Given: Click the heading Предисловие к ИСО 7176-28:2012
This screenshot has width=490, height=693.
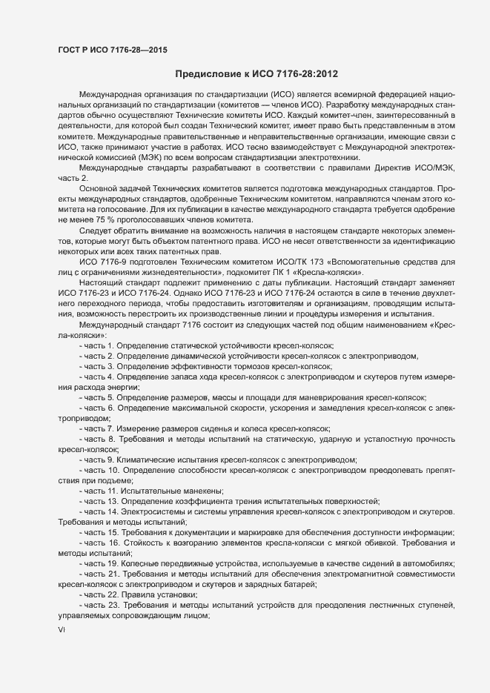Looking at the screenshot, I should (256, 74).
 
